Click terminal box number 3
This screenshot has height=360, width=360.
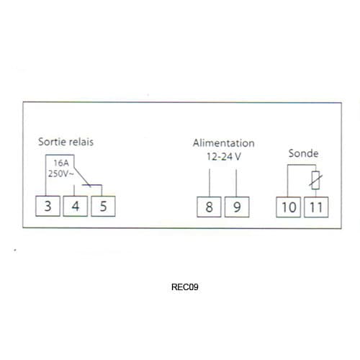(48, 206)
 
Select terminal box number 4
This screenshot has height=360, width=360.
(76, 206)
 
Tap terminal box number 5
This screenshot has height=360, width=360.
(103, 206)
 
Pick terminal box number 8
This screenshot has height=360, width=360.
(209, 207)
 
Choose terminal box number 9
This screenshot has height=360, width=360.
(237, 207)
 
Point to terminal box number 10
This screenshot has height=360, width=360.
(289, 207)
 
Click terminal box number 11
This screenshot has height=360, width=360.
(316, 207)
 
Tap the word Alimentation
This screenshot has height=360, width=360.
(224, 143)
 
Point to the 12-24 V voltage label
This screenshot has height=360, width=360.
(224, 156)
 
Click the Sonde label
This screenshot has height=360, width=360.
(303, 153)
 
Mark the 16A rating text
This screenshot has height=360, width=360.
(61, 163)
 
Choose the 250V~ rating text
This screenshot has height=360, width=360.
(60, 174)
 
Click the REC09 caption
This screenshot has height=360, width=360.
(185, 287)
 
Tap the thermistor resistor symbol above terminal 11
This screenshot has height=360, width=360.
(315, 180)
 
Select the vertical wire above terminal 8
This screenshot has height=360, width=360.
(210, 183)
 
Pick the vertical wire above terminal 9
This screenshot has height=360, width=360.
(236, 183)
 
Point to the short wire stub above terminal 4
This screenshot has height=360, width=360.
(74, 190)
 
